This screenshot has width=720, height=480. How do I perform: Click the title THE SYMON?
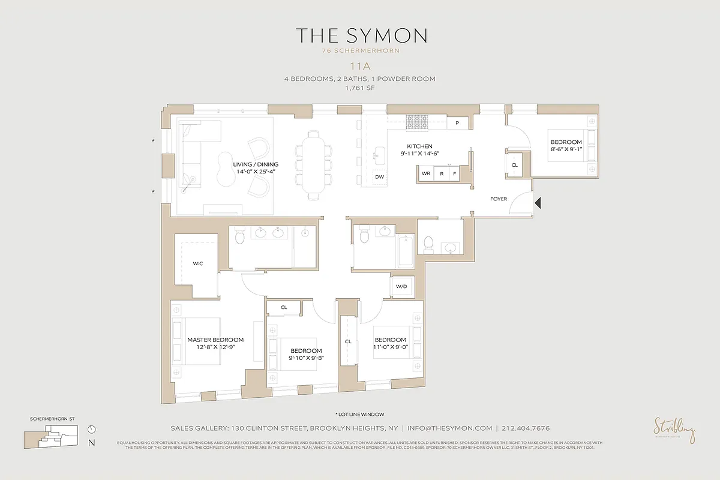tap(361, 35)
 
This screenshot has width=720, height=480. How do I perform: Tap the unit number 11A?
tap(361, 68)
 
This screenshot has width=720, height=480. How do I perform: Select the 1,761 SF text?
tap(361, 88)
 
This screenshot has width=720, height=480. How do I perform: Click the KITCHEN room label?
tap(419, 146)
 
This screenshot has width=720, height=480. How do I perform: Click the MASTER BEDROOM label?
tap(215, 340)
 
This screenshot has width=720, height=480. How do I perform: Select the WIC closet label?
tap(198, 263)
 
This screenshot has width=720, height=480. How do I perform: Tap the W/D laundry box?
tap(401, 287)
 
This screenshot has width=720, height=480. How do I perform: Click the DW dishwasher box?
tap(379, 177)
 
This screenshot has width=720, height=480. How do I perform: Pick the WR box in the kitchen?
tap(426, 173)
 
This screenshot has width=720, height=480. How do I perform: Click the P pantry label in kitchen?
tap(457, 123)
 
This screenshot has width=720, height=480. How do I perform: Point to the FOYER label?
tap(499, 199)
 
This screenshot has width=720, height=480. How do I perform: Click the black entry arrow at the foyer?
tap(538, 203)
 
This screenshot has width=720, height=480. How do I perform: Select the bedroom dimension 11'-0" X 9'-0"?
tap(390, 347)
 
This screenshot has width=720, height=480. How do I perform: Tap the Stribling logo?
tap(674, 430)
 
